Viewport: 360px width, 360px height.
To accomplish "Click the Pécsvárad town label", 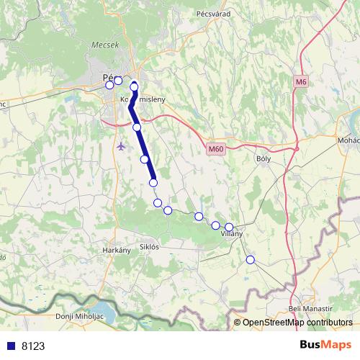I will click(x=212, y=13).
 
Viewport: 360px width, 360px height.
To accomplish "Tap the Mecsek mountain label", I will click(x=104, y=45).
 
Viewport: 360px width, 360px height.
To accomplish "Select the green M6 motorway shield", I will click(x=301, y=82).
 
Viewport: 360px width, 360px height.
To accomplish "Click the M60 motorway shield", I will click(x=214, y=149).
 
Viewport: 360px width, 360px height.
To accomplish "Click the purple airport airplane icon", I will click(x=120, y=145).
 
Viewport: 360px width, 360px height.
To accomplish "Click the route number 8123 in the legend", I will click(x=33, y=346).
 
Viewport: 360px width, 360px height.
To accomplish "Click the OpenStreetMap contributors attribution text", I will click(x=297, y=323).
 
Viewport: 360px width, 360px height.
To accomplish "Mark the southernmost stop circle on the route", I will click(x=251, y=259).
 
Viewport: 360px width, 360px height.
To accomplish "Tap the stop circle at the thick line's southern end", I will click(x=153, y=183).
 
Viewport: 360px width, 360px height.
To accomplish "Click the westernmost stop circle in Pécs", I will click(x=109, y=85).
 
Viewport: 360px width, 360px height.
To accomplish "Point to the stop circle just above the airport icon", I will click(x=137, y=127).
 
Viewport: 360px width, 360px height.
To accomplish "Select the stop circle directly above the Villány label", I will click(x=229, y=227).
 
